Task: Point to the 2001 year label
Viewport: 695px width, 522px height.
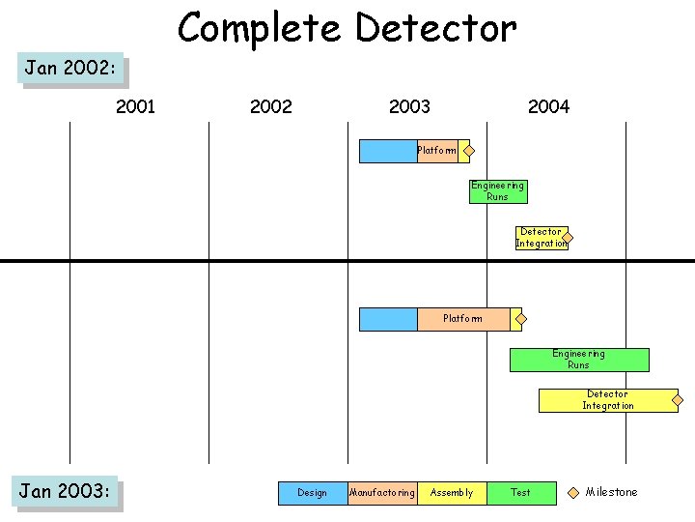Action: click(x=135, y=107)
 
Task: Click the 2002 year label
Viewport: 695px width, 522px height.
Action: click(x=270, y=107)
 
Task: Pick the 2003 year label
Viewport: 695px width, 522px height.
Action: click(x=409, y=107)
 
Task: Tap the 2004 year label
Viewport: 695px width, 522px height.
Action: click(x=548, y=107)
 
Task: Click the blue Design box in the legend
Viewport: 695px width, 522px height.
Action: click(x=313, y=493)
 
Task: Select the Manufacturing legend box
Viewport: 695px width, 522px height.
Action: click(x=382, y=493)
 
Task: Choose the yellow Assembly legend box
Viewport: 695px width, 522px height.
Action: click(x=452, y=493)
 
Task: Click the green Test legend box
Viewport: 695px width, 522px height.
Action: click(x=521, y=493)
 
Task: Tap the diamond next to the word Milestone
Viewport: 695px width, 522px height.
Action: click(x=573, y=492)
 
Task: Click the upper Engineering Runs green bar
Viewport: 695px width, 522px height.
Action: click(x=498, y=191)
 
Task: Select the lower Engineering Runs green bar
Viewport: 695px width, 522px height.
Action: click(x=579, y=360)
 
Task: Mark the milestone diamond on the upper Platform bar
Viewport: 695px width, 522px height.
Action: click(x=467, y=151)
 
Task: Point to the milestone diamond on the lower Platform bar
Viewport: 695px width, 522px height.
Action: click(x=518, y=319)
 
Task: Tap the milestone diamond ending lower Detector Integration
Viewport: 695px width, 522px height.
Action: click(x=678, y=400)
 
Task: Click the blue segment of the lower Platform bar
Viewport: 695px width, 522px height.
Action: click(x=388, y=319)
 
